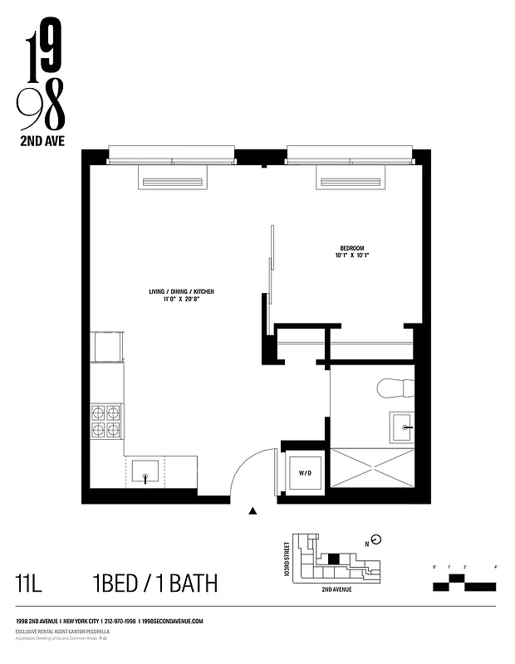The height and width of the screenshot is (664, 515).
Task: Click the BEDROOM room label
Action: (352, 251)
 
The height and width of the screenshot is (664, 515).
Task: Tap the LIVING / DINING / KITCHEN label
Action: (182, 296)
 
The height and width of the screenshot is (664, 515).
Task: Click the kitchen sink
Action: (145, 472)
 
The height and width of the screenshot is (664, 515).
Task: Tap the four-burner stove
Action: (106, 420)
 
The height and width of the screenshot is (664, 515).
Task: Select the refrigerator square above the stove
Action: (107, 347)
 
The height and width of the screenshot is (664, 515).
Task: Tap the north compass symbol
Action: (376, 539)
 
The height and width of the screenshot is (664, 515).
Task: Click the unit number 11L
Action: (29, 583)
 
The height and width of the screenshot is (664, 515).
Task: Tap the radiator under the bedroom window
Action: (350, 182)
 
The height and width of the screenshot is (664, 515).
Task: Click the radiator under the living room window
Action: (172, 182)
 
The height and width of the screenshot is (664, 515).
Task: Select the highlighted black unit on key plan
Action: (334, 559)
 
